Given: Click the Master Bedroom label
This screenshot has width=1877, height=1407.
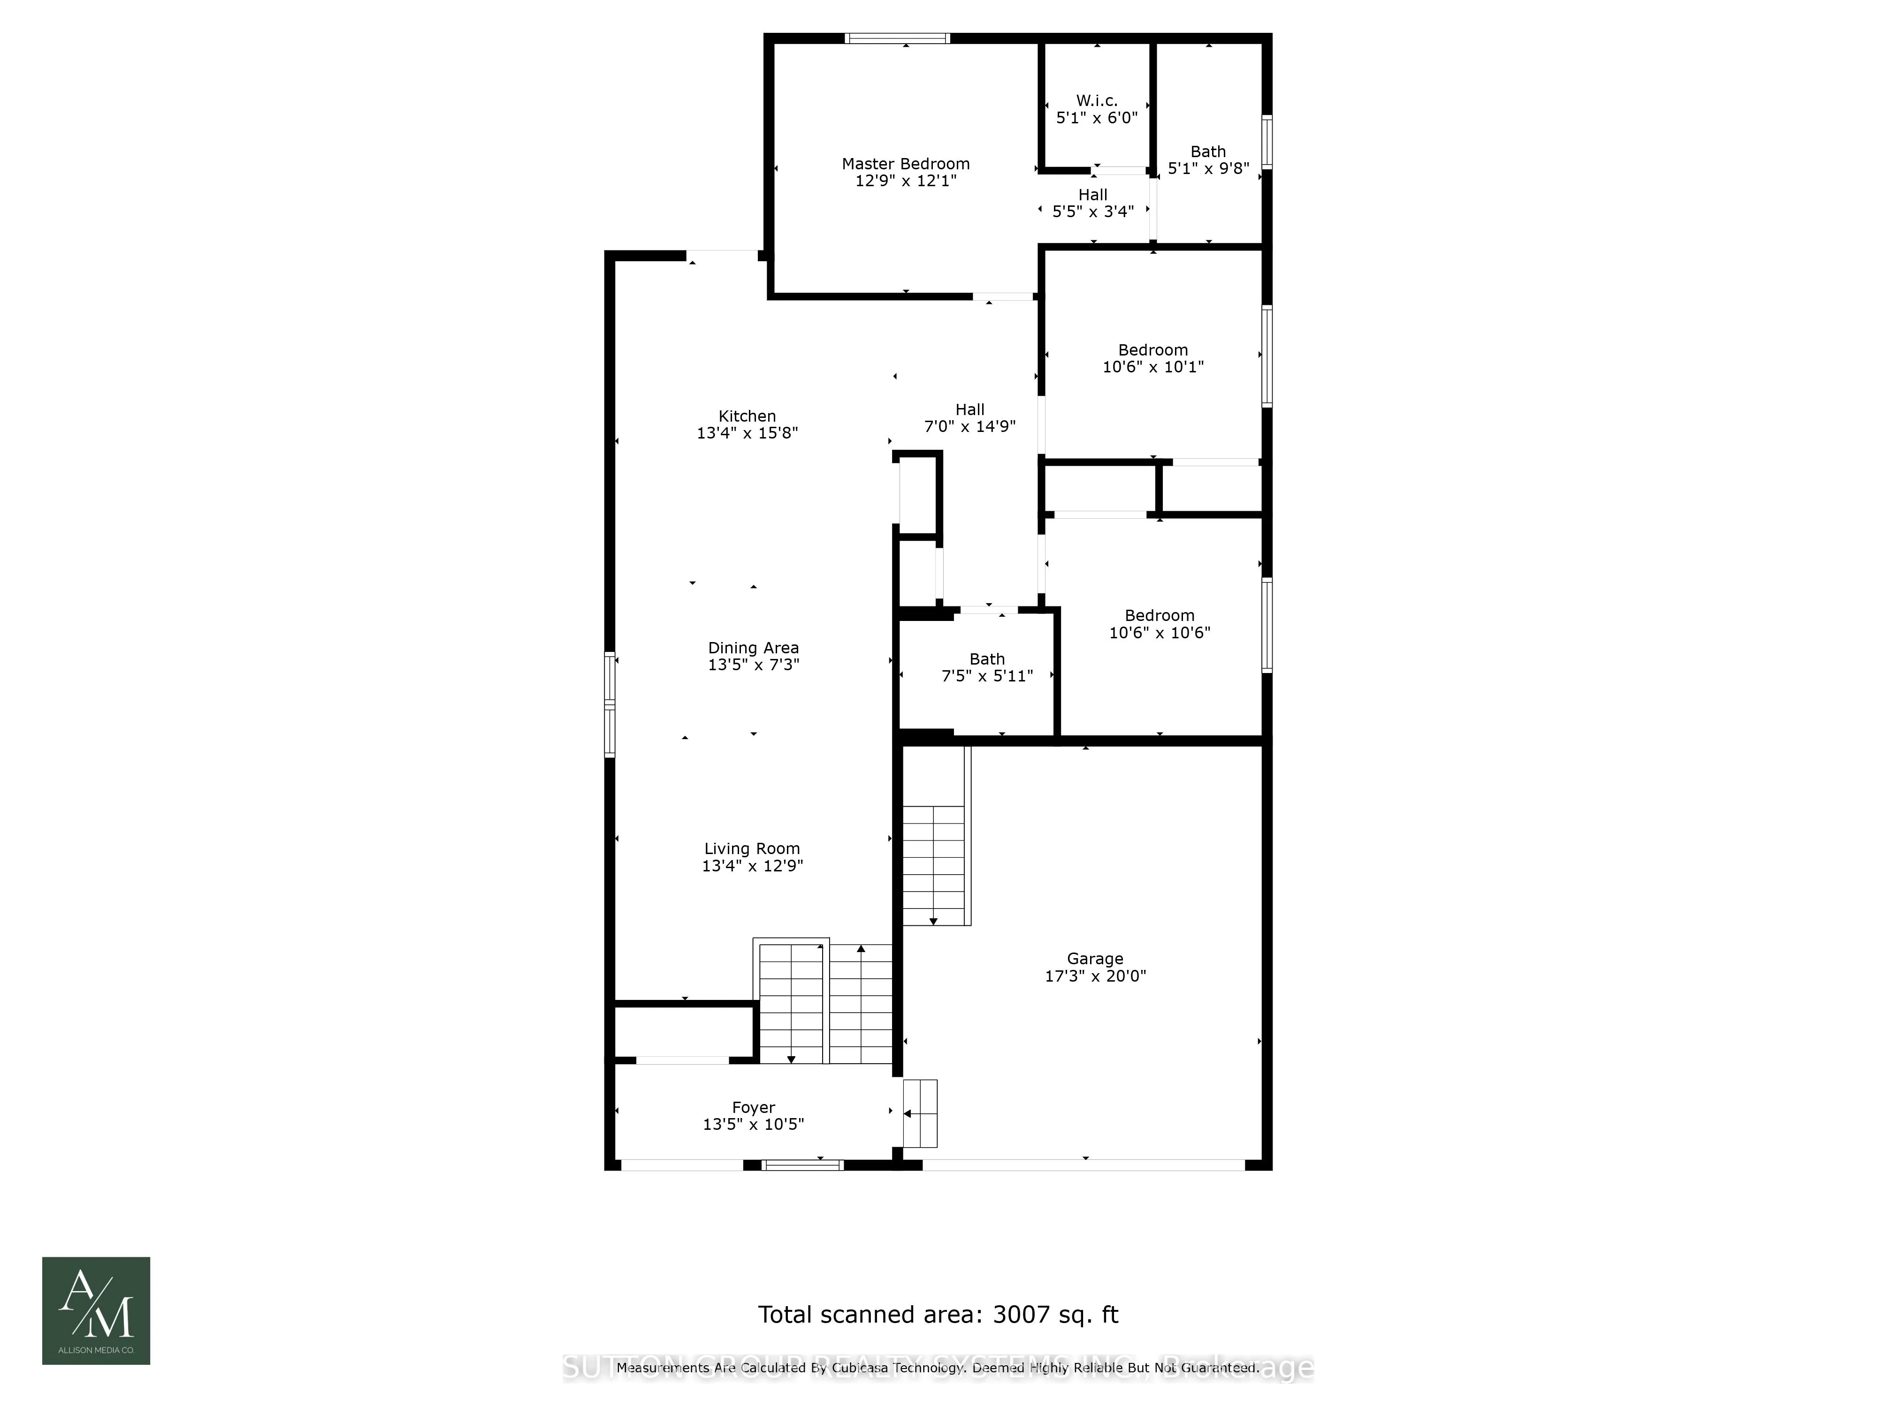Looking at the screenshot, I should pos(905,164).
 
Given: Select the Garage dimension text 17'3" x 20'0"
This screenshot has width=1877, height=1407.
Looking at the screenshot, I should pos(1095,976).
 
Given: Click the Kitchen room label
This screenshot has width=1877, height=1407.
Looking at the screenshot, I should pos(747,416).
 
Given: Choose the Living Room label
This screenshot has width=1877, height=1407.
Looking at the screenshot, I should pos(752,849).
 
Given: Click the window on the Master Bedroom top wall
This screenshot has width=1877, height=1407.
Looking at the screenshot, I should pos(897,38).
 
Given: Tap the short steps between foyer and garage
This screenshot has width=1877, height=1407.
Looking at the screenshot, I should pos(920,1113).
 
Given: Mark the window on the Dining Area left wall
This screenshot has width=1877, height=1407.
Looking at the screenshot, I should pos(609,704).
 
